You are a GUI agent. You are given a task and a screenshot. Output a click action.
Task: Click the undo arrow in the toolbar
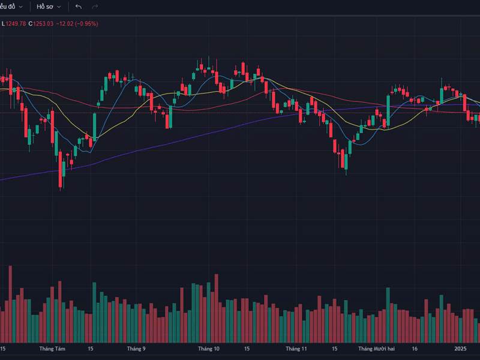78,7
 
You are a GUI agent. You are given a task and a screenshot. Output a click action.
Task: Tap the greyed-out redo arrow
95,7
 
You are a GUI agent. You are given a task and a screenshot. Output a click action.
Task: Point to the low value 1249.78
14,23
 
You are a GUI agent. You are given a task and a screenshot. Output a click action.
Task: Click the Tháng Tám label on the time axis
52,348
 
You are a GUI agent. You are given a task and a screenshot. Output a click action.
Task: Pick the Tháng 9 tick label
136,348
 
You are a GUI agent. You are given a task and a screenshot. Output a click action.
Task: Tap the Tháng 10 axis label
209,348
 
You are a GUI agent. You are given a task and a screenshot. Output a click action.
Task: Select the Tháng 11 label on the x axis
296,348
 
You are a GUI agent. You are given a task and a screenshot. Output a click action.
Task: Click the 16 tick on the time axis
415,348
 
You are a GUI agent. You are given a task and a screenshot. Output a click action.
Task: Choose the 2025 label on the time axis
460,348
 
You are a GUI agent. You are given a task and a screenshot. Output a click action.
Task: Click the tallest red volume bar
10,303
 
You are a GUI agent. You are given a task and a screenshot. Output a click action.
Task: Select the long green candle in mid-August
95,126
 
